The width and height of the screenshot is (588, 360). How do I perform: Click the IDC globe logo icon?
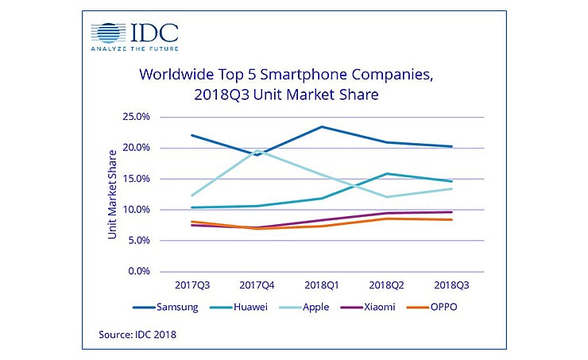click(109, 34)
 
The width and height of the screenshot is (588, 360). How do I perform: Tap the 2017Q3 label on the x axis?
click(191, 284)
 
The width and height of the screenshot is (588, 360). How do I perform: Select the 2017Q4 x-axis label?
click(257, 284)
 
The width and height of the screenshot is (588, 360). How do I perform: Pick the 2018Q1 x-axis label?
click(322, 284)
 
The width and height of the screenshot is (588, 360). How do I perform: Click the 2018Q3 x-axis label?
click(451, 284)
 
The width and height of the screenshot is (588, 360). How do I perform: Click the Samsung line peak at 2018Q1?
click(322, 126)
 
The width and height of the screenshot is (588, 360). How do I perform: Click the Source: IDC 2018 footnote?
click(137, 335)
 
